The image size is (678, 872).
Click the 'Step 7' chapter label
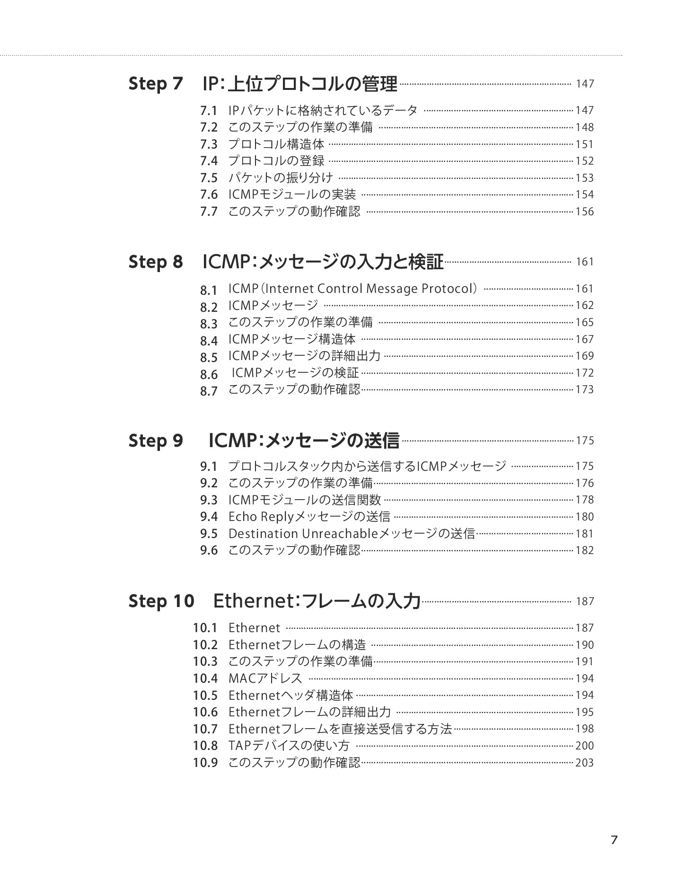click(155, 84)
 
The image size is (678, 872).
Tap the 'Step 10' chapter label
click(161, 601)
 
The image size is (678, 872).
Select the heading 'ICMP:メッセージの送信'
click(304, 440)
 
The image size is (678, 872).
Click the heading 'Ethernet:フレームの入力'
click(317, 601)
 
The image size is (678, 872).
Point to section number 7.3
click(208, 144)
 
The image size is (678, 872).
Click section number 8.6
click(208, 375)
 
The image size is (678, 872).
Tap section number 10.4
click(205, 678)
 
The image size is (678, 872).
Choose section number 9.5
click(208, 534)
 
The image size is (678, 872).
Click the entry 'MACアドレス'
click(265, 678)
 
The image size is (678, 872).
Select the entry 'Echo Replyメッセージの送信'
click(309, 517)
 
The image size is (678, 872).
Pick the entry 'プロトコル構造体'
click(276, 144)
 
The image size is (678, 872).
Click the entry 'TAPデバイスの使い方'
click(289, 746)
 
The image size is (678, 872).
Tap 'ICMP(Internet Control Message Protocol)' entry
click(353, 289)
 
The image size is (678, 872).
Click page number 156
click(584, 212)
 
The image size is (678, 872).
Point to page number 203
click(584, 763)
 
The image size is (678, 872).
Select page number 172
click(584, 373)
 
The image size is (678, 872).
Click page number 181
click(584, 534)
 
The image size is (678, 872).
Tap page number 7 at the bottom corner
click(614, 840)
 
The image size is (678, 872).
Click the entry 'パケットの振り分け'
click(281, 178)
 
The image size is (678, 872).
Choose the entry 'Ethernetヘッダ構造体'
click(291, 696)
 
